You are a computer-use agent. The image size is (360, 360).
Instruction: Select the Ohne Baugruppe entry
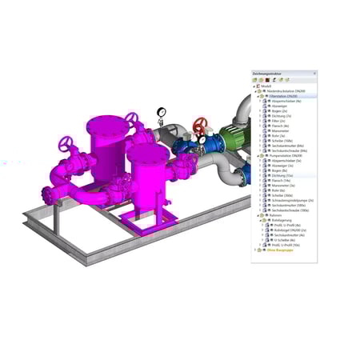tap(275, 250)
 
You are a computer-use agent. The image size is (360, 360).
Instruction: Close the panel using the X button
tap(314, 73)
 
